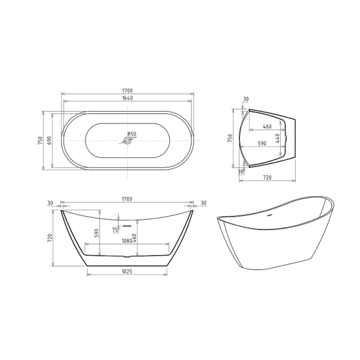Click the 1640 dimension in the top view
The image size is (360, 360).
click(127, 98)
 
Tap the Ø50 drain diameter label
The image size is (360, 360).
click(132, 134)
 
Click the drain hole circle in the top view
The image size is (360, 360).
click(127, 142)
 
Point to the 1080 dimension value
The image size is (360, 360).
click(127, 241)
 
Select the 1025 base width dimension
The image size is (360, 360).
click(127, 271)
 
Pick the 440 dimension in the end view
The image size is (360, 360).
click(278, 137)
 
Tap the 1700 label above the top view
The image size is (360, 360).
click(127, 91)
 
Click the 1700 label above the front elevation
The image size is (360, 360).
click(127, 199)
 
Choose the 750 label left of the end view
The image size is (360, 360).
click(230, 139)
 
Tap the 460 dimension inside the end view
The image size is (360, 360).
click(267, 127)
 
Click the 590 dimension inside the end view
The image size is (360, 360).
click(262, 144)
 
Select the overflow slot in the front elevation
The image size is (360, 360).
click(127, 226)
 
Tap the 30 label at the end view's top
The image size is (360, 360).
click(246, 100)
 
